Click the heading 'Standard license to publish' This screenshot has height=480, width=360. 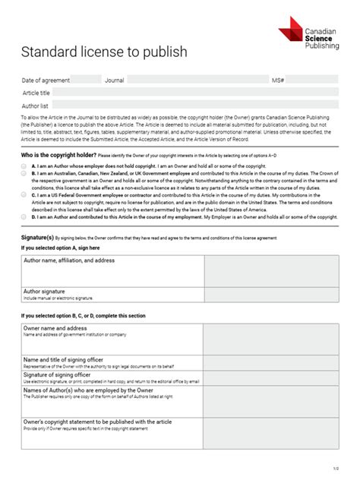[x=103, y=52]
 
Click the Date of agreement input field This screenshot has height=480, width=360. [x=86, y=80]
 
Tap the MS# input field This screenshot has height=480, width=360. [x=311, y=80]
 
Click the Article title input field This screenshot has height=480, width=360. [x=194, y=93]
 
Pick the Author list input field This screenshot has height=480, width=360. [x=194, y=106]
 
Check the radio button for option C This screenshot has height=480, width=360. [x=24, y=195]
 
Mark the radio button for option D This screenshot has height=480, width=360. [x=24, y=216]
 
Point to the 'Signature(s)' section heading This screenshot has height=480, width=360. [x=37, y=238]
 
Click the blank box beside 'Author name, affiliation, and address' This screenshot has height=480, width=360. [x=271, y=270]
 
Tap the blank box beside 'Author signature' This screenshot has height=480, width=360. [x=271, y=295]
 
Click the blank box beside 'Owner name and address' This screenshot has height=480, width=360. [x=271, y=339]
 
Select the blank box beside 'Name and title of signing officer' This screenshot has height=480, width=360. [x=271, y=362]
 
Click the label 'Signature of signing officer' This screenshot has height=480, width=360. [x=57, y=374]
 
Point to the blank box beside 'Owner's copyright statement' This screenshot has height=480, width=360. [x=271, y=433]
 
